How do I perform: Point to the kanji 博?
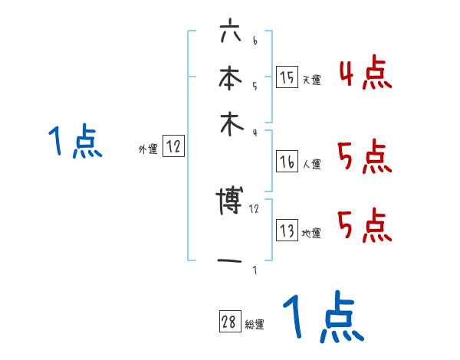tap(229, 201)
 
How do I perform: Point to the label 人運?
tap(311, 164)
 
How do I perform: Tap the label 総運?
tap(255, 325)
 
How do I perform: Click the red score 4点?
tap(365, 74)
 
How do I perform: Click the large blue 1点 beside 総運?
tap(322, 319)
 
